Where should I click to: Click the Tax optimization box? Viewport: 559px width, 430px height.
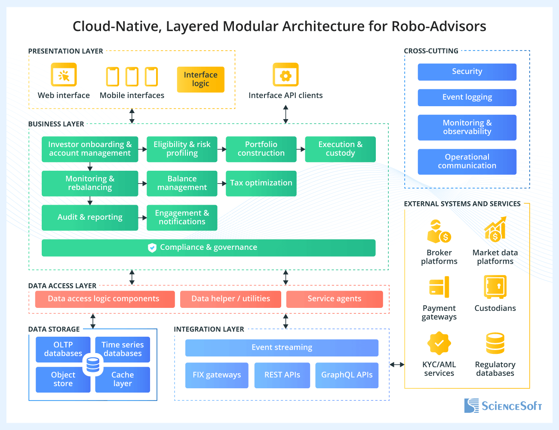pyautogui.click(x=261, y=183)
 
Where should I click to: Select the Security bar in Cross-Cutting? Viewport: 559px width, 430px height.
pyautogui.click(x=467, y=72)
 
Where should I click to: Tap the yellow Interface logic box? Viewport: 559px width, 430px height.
pyautogui.click(x=200, y=80)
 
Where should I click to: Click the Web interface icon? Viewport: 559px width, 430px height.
pyautogui.click(x=64, y=75)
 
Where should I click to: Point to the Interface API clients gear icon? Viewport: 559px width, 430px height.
pyautogui.click(x=286, y=75)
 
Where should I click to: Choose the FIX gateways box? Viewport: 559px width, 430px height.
pyautogui.click(x=217, y=375)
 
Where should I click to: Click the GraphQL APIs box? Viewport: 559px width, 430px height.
pyautogui.click(x=347, y=375)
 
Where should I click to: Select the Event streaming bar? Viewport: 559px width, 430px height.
pyautogui.click(x=282, y=347)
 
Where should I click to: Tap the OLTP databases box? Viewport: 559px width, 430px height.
pyautogui.click(x=63, y=349)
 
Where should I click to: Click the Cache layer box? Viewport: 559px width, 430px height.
pyautogui.click(x=123, y=379)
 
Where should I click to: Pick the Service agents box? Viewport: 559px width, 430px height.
pyautogui.click(x=334, y=299)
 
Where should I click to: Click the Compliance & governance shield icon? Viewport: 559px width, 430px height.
pyautogui.click(x=152, y=248)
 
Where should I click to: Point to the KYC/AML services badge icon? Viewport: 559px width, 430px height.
pyautogui.click(x=439, y=343)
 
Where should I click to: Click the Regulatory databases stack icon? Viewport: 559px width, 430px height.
pyautogui.click(x=495, y=343)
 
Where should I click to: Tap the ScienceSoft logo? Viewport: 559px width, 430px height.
pyautogui.click(x=503, y=405)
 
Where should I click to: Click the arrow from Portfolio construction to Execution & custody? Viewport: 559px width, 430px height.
pyautogui.click(x=301, y=149)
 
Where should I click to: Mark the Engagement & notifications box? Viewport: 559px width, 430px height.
pyautogui.click(x=182, y=218)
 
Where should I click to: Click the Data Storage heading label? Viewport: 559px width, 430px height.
pyautogui.click(x=54, y=329)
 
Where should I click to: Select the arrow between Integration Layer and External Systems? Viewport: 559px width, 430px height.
pyautogui.click(x=397, y=365)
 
